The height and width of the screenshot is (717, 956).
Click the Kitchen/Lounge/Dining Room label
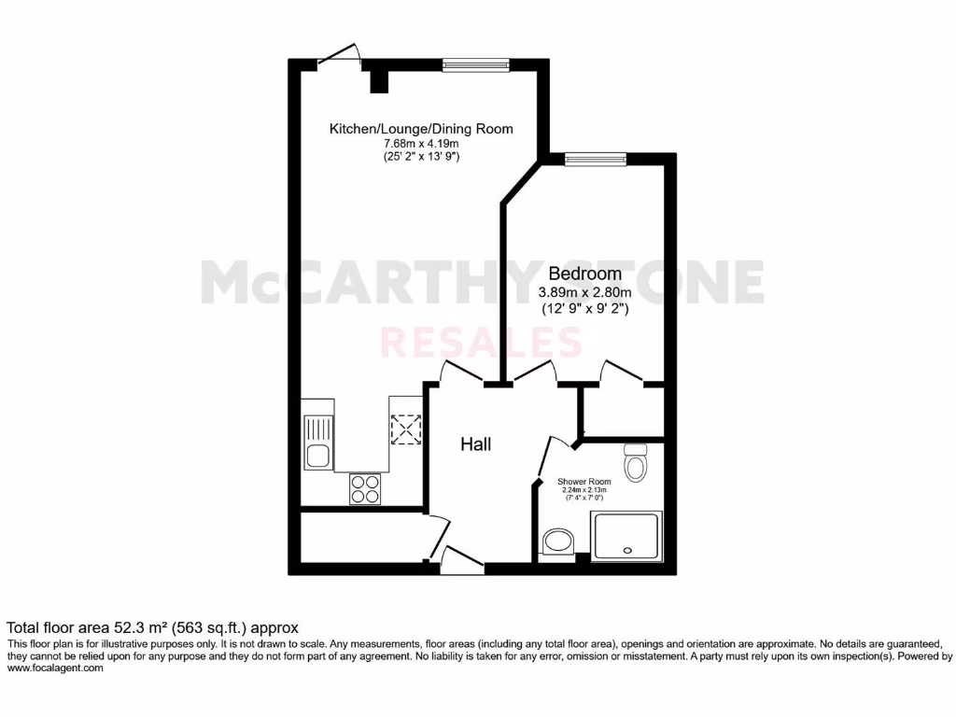pos(421,129)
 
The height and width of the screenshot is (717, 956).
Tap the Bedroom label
pos(584,274)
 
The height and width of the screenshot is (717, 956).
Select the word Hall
pos(475,444)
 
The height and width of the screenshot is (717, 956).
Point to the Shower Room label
pos(583,483)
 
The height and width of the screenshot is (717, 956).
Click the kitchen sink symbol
pos(317,443)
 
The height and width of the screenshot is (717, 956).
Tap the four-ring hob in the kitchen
pos(364,487)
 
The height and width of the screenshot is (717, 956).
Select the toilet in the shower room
pos(636,462)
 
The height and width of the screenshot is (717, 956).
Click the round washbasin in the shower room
pos(558,541)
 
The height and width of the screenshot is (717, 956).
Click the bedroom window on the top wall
pos(596,159)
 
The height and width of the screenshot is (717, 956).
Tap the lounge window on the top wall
pos(475,64)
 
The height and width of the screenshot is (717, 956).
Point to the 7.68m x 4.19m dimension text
pos(421,144)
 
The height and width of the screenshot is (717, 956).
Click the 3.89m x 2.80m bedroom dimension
pos(584,291)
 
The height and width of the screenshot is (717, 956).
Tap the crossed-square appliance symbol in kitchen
pos(406,430)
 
